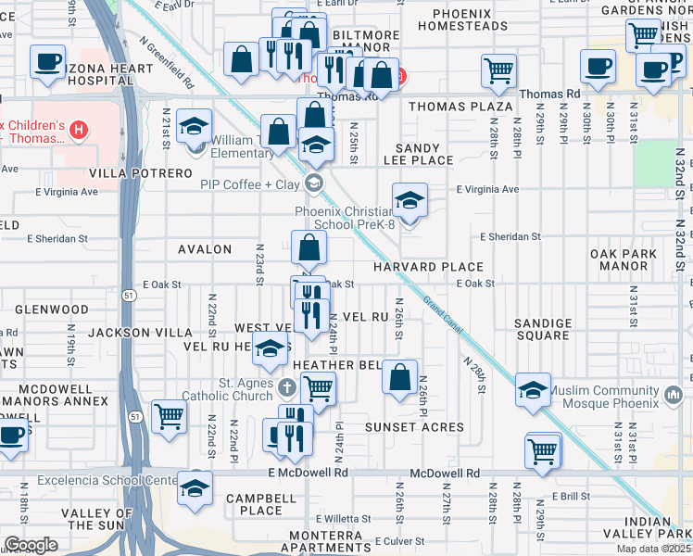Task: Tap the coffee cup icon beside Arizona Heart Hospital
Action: [x=47, y=63]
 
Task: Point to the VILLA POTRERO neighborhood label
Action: [x=141, y=173]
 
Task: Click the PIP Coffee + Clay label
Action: [x=251, y=183]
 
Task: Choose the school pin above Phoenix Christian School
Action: [x=409, y=198]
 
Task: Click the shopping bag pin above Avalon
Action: [x=309, y=247]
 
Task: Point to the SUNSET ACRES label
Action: [x=413, y=427]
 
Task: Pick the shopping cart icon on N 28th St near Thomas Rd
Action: [x=498, y=70]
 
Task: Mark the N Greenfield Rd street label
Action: [x=167, y=63]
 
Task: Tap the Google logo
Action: [x=31, y=545]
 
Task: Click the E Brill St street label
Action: [x=571, y=497]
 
